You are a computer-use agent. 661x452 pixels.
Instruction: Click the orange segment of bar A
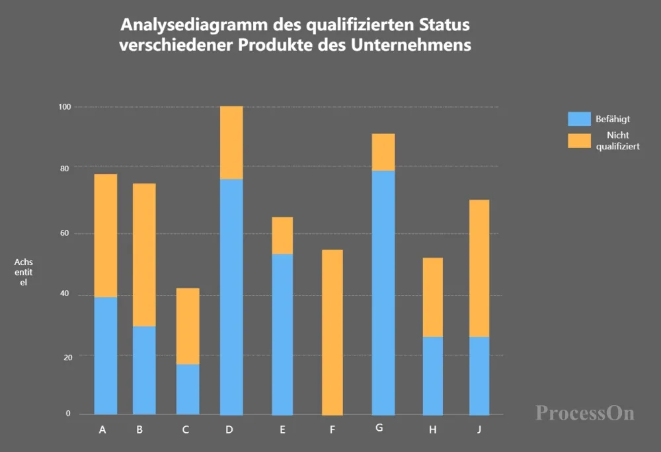click(x=106, y=235)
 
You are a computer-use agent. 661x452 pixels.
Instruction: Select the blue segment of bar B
click(x=144, y=370)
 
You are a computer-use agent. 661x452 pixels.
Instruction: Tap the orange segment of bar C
click(x=188, y=326)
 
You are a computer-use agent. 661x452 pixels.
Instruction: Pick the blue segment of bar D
click(x=231, y=297)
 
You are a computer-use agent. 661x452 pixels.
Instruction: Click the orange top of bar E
click(x=282, y=235)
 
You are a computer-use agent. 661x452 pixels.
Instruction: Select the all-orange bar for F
click(x=332, y=332)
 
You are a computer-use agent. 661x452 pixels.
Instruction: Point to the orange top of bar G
click(x=383, y=152)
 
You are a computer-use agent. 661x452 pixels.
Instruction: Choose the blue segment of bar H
click(x=433, y=375)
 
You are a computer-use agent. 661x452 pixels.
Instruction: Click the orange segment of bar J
click(x=479, y=268)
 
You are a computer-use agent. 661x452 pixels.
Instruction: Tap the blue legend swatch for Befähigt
click(x=579, y=119)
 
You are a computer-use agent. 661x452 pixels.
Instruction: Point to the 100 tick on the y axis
click(x=64, y=106)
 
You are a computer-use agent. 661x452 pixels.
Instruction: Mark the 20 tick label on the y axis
click(x=65, y=356)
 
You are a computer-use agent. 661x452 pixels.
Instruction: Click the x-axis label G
click(x=379, y=428)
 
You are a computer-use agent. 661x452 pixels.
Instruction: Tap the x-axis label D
click(x=229, y=430)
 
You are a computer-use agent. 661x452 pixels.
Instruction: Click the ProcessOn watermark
click(x=585, y=413)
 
